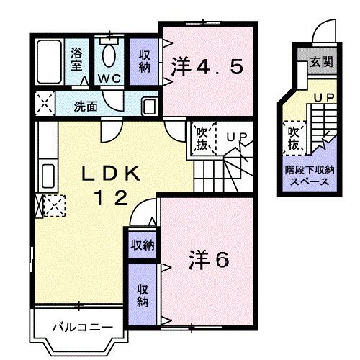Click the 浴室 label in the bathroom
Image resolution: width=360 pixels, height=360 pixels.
pos(76,58)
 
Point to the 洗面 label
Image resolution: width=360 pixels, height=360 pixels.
pos(86,105)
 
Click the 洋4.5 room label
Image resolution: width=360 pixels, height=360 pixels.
pos(206,68)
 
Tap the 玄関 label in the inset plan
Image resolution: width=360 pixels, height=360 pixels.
pos(321,62)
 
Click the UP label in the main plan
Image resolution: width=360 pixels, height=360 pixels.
pos(235,135)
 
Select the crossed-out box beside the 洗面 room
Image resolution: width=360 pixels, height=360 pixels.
pos(44,104)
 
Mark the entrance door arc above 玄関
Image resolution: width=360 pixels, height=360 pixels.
pos(324,32)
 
